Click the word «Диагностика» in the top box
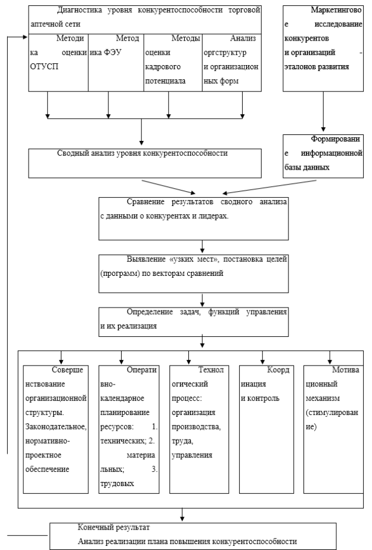click(x=79, y=10)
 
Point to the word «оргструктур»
click(x=225, y=53)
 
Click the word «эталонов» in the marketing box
click(x=300, y=67)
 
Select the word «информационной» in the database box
click(x=331, y=153)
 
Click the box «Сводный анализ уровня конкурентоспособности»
click(x=145, y=163)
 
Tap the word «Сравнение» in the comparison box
click(x=145, y=202)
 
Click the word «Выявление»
click(x=146, y=259)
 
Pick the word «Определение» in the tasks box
click(x=150, y=312)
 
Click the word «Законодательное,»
click(x=55, y=427)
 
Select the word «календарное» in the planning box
click(x=122, y=398)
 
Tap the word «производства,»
click(x=196, y=427)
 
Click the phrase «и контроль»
click(x=260, y=398)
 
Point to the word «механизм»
click(x=323, y=398)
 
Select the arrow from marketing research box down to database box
click(x=323, y=112)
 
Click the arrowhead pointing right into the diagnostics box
click(x=25, y=37)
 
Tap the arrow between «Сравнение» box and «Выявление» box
click(x=202, y=247)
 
